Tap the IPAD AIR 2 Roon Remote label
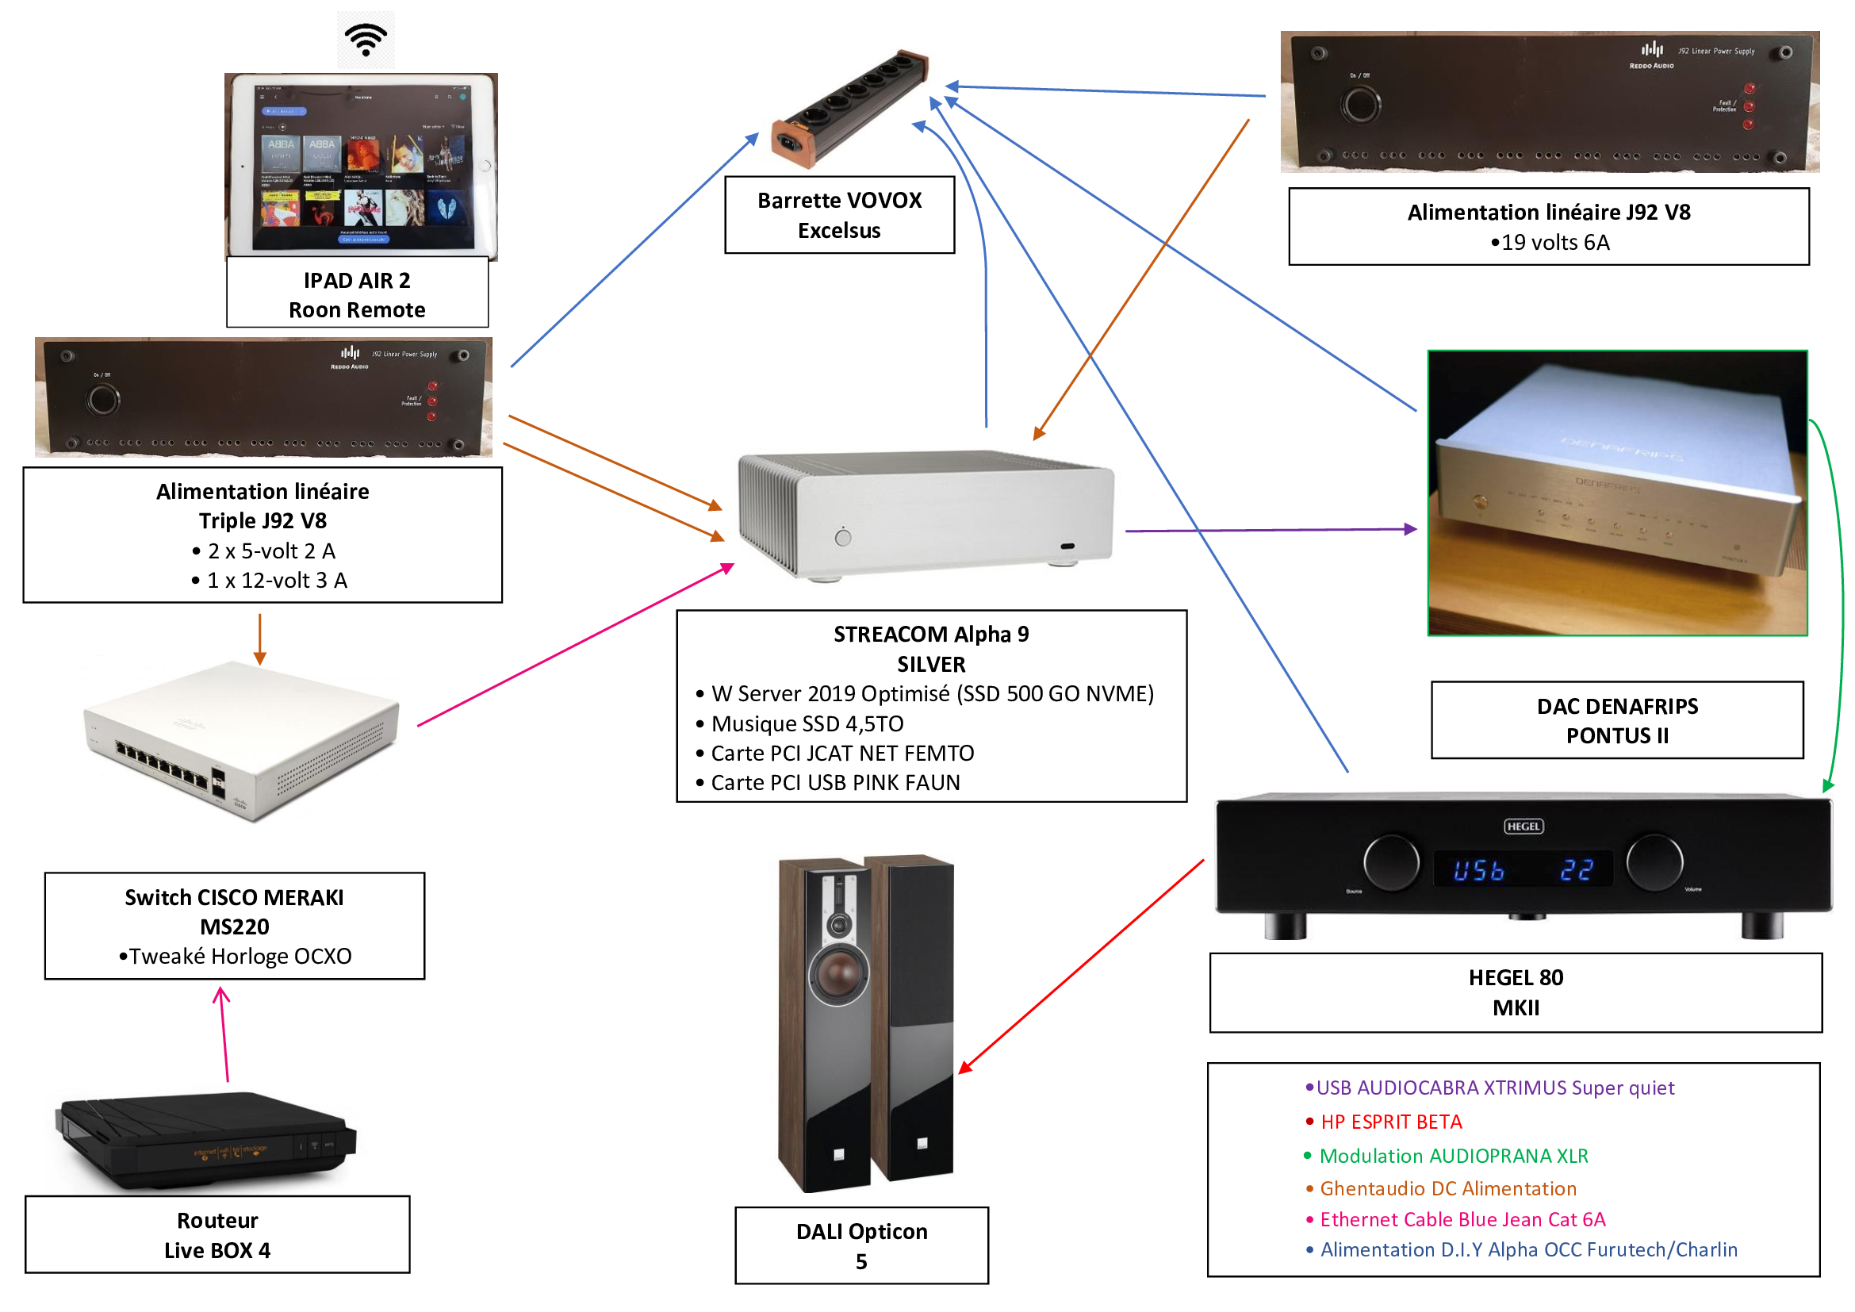tap(357, 295)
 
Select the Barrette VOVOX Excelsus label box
tap(839, 215)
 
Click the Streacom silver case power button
tap(843, 537)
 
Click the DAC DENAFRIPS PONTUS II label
tap(1616, 720)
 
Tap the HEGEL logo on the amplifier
tap(1523, 826)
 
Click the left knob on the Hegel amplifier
tap(1391, 861)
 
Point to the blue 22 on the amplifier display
tap(1577, 870)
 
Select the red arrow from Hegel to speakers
tap(1083, 965)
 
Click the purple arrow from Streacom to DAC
tap(1268, 530)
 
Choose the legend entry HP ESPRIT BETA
tap(1390, 1122)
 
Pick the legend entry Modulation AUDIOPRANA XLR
tap(1453, 1155)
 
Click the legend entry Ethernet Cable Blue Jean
tap(1462, 1219)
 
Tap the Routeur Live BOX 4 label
tap(217, 1234)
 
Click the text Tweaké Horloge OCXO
tap(240, 956)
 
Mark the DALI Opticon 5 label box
tap(861, 1245)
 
